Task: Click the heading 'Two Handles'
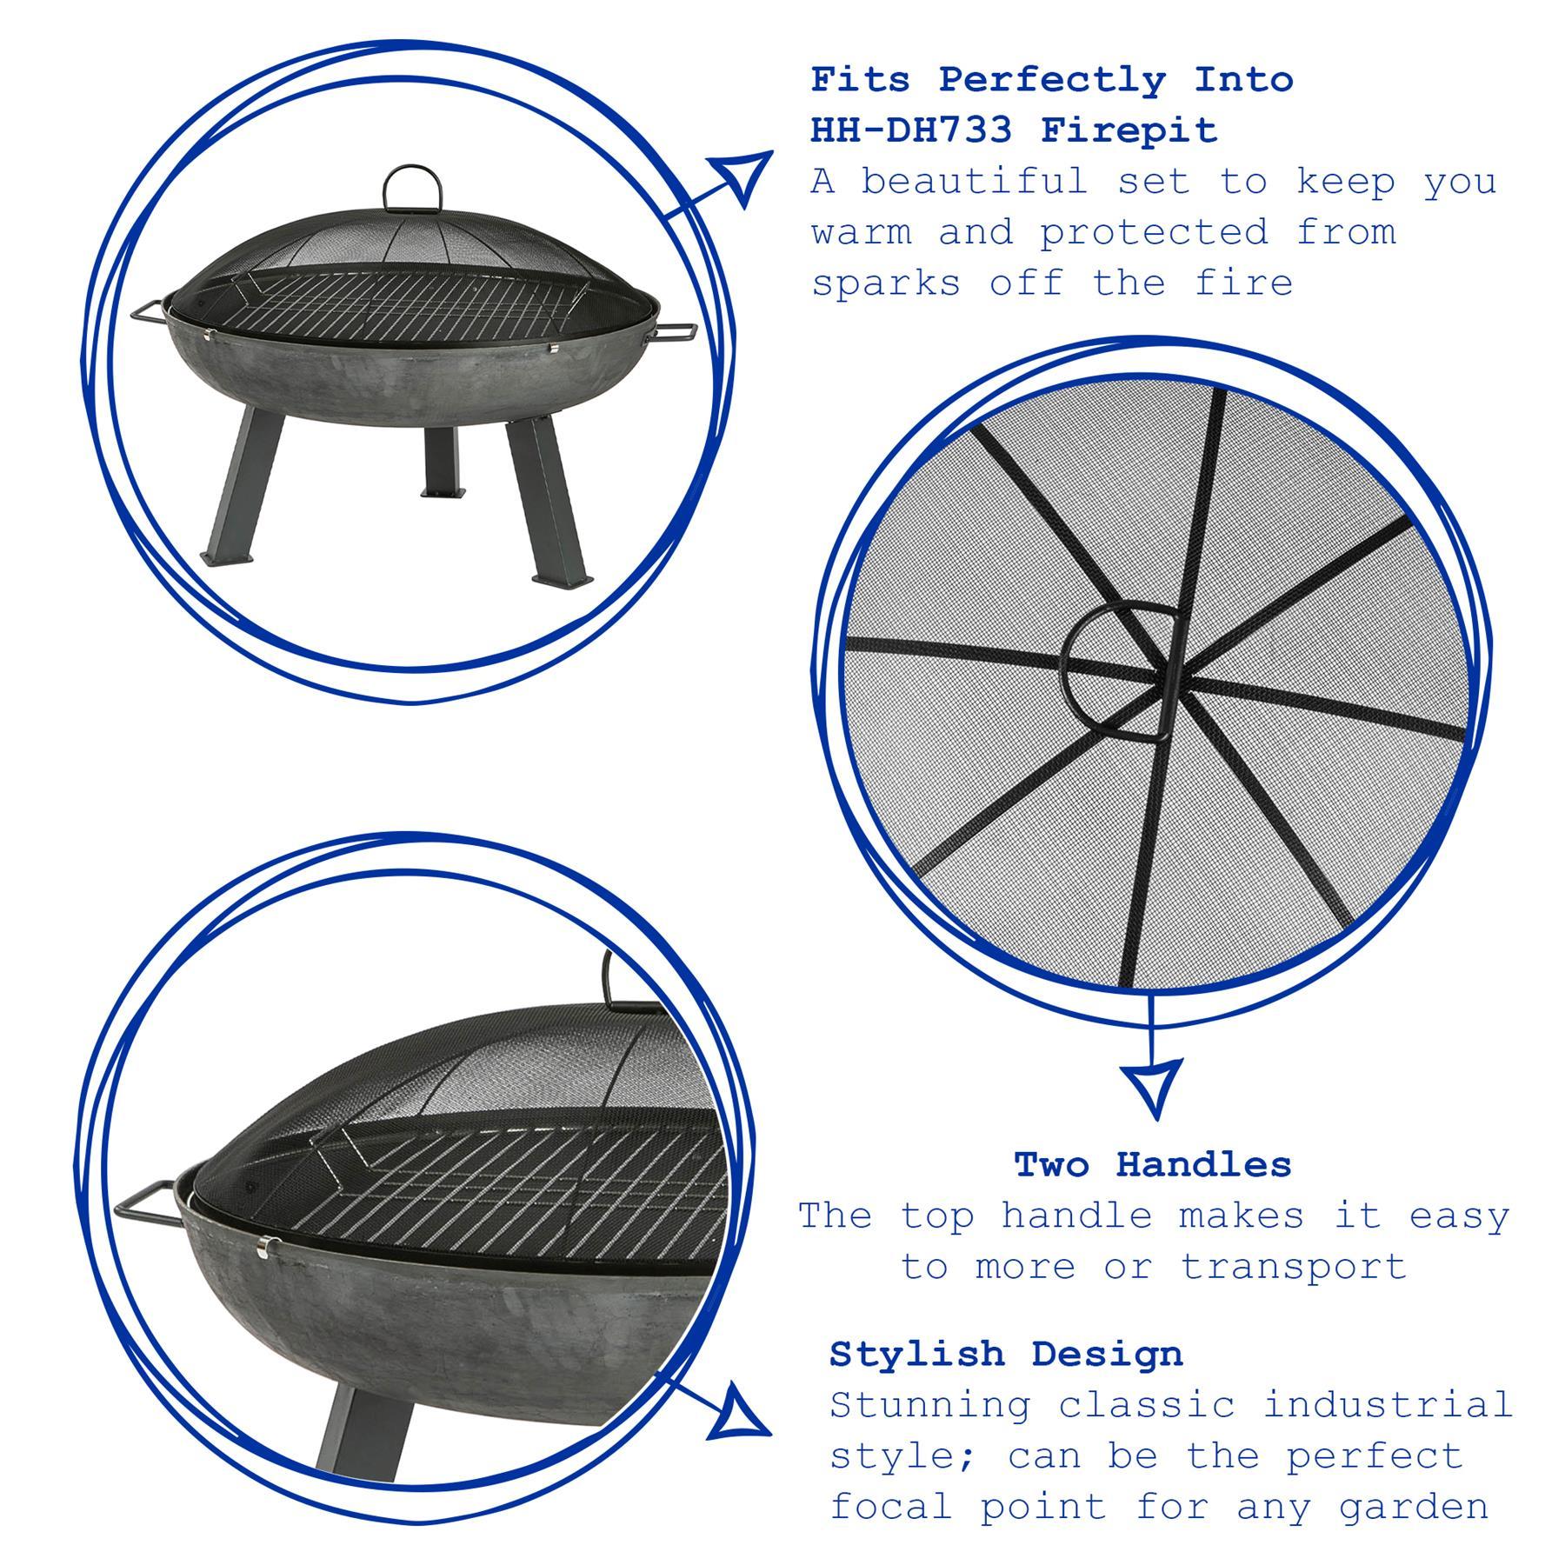(x=1153, y=1165)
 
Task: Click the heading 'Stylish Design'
(x=1006, y=1354)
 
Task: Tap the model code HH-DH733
(x=912, y=130)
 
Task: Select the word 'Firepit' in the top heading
(x=1129, y=130)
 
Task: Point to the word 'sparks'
(x=886, y=283)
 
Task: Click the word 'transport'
(x=1293, y=1267)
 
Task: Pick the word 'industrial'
(x=1388, y=1405)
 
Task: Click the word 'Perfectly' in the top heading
(x=1051, y=80)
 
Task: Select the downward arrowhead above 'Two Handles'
(x=1152, y=1086)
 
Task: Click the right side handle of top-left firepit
(x=675, y=333)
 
